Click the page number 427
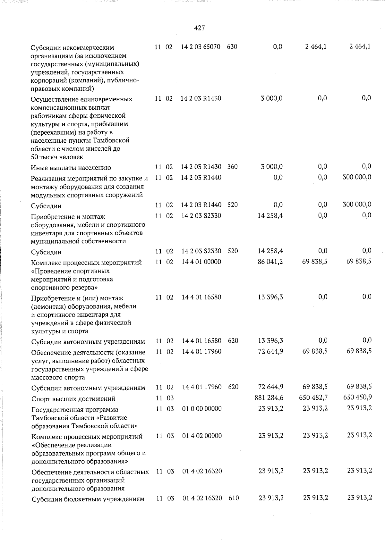pyautogui.click(x=200, y=28)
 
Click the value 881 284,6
pyautogui.click(x=268, y=398)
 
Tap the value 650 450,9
pyautogui.click(x=357, y=397)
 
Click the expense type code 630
pyautogui.click(x=232, y=47)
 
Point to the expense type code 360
pyautogui.click(x=232, y=167)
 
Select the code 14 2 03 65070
pyautogui.click(x=201, y=47)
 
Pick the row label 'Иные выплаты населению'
pyautogui.click(x=71, y=168)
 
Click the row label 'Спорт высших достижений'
pyautogui.click(x=73, y=399)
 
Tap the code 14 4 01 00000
pyautogui.click(x=201, y=262)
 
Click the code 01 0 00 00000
pyautogui.click(x=202, y=409)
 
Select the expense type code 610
pyautogui.click(x=234, y=498)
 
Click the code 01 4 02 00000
pyautogui.click(x=202, y=436)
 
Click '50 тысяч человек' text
pyautogui.click(x=57, y=157)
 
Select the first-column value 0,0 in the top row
pyautogui.click(x=278, y=47)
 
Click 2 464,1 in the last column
pyautogui.click(x=360, y=46)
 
